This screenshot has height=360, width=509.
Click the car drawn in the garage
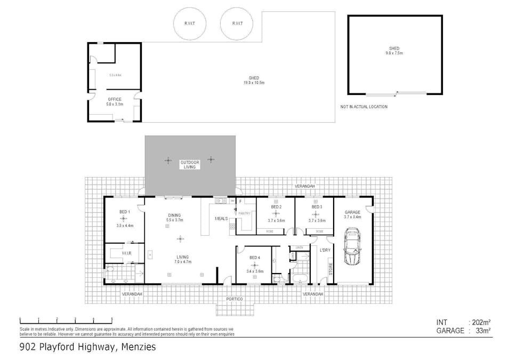(352, 246)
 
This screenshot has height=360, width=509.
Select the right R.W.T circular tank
(237, 24)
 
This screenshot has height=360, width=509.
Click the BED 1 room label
(124, 212)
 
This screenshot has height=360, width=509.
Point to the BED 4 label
(255, 258)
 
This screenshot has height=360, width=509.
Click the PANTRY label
(245, 213)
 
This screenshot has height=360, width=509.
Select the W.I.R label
(126, 253)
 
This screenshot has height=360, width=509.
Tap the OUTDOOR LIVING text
(190, 164)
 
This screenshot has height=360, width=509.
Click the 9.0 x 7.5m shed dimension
(394, 54)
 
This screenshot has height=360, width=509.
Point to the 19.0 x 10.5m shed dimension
(254, 83)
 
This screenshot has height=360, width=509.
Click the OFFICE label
(115, 99)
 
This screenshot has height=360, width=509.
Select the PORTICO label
(234, 299)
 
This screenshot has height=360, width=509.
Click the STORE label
(330, 269)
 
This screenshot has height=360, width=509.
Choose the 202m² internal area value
(480, 322)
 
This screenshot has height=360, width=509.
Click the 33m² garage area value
(482, 331)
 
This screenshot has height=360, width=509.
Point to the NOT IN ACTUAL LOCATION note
(364, 107)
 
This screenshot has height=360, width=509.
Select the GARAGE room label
(353, 211)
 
